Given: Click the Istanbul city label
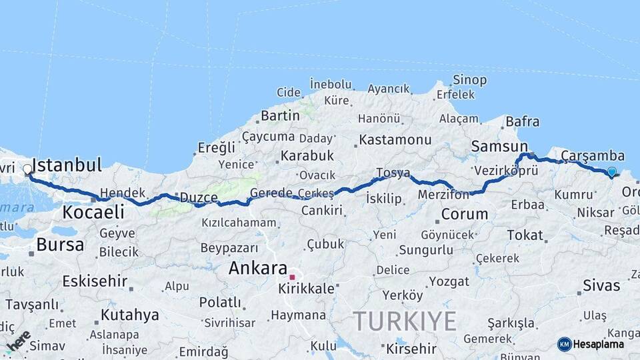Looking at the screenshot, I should [x=67, y=165].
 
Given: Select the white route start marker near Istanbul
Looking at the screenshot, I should [x=27, y=169].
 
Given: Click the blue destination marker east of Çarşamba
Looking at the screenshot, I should [x=611, y=172].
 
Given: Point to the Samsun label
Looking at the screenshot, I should [x=499, y=146].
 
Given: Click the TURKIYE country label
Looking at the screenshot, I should [x=404, y=321].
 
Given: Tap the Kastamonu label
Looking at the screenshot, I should [x=395, y=140].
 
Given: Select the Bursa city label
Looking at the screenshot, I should [x=60, y=245].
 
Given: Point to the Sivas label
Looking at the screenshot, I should [x=601, y=286].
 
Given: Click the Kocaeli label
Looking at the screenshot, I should [x=93, y=212].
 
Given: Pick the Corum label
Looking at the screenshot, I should [x=465, y=215].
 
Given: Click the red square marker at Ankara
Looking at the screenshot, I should [x=292, y=277].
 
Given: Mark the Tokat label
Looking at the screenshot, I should [x=525, y=235].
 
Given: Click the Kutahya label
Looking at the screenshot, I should [x=130, y=314].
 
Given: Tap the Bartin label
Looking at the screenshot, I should [x=280, y=115].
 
